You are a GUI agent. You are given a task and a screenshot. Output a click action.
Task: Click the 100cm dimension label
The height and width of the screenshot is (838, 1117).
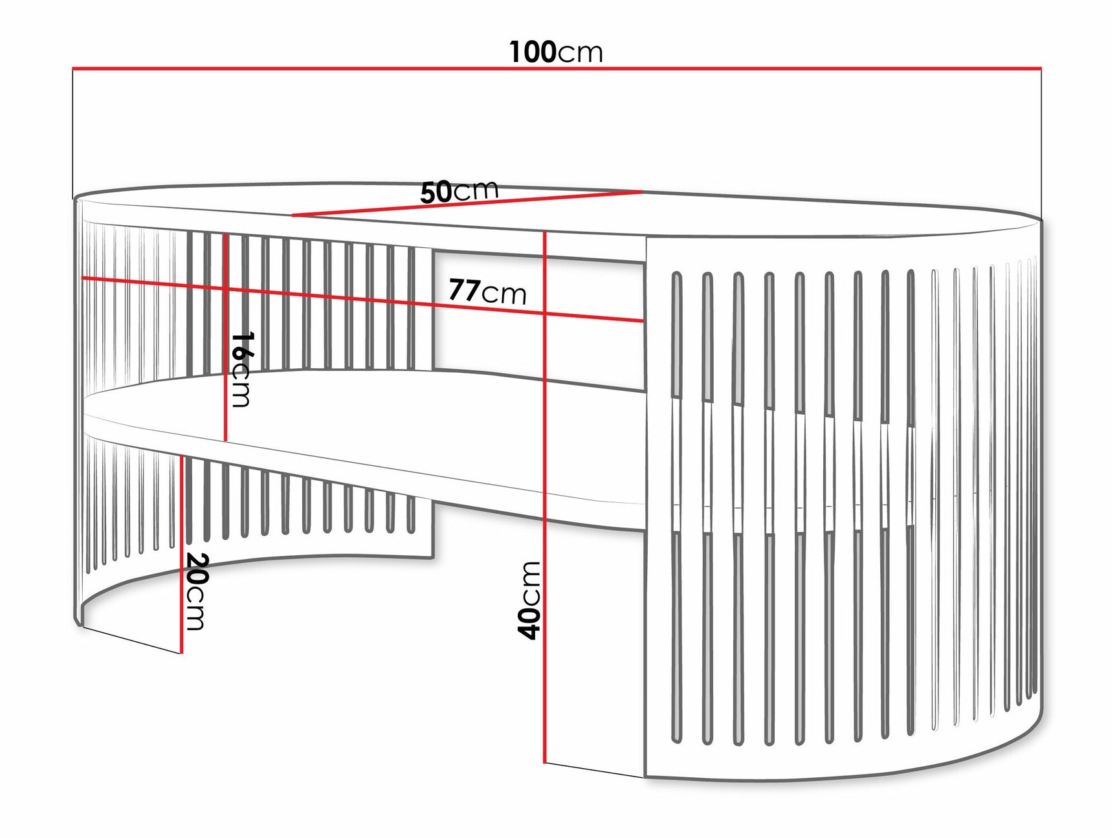pos(556,52)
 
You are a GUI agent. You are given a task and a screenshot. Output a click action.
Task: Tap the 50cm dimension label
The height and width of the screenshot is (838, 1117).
pos(459,191)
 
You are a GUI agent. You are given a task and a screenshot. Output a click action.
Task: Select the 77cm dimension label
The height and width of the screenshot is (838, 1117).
pos(487,291)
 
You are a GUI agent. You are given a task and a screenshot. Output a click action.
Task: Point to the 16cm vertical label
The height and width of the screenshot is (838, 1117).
pos(241,369)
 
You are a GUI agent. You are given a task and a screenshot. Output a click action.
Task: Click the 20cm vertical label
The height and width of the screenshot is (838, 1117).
pos(195,591)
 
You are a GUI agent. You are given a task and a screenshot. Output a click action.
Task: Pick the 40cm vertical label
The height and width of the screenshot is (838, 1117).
pos(529,601)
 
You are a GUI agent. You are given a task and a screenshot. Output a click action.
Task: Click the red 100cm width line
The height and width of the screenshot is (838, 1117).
pos(557,68)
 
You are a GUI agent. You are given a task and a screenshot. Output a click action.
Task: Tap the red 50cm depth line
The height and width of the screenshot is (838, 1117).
pos(467,204)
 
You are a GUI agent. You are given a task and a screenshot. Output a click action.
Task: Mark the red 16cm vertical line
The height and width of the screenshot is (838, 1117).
pos(225,337)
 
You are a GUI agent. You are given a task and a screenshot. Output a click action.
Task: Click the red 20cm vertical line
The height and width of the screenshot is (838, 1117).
pos(182,555)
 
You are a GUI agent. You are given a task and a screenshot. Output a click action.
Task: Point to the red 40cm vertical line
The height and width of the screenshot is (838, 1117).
pos(545,497)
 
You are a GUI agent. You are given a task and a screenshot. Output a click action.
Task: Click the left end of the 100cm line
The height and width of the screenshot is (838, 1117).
pos(72,68)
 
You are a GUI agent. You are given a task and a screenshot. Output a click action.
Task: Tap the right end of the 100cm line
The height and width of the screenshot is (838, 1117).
pos(1041,68)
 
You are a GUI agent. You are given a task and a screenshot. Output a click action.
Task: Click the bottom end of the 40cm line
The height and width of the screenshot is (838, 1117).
pos(545,763)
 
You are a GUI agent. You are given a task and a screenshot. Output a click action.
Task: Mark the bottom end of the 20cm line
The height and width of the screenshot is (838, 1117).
pos(182,653)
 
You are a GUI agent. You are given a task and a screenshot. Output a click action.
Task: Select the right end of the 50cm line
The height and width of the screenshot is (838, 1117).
pos(642,192)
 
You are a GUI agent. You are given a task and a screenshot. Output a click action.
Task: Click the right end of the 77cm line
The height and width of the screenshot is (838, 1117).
pos(644,321)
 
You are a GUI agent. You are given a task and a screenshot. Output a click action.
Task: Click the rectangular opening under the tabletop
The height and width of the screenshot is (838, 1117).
pos(538,320)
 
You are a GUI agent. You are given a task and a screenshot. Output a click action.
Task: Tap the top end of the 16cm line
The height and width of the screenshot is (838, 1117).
pos(225,234)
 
